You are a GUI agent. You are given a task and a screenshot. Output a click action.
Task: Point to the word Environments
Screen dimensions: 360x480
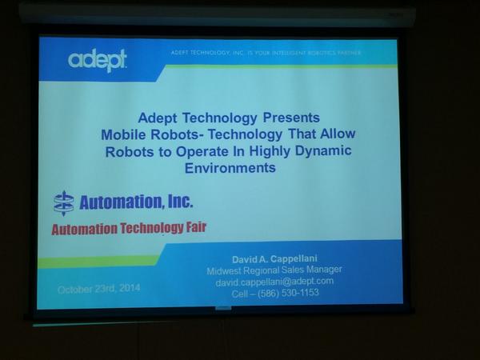coord(230,169)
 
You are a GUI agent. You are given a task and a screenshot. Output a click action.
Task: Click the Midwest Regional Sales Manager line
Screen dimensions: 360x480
coord(274,270)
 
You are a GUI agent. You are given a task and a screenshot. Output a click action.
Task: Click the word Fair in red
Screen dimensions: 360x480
coord(194,228)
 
